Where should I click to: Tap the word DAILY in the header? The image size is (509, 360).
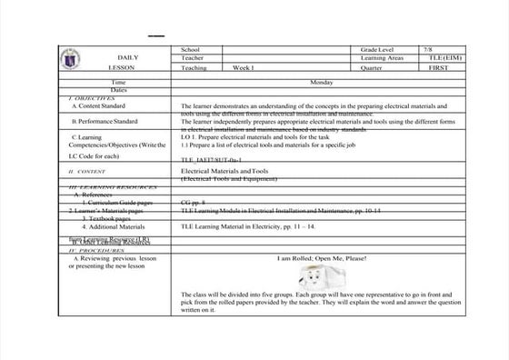[127, 57]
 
